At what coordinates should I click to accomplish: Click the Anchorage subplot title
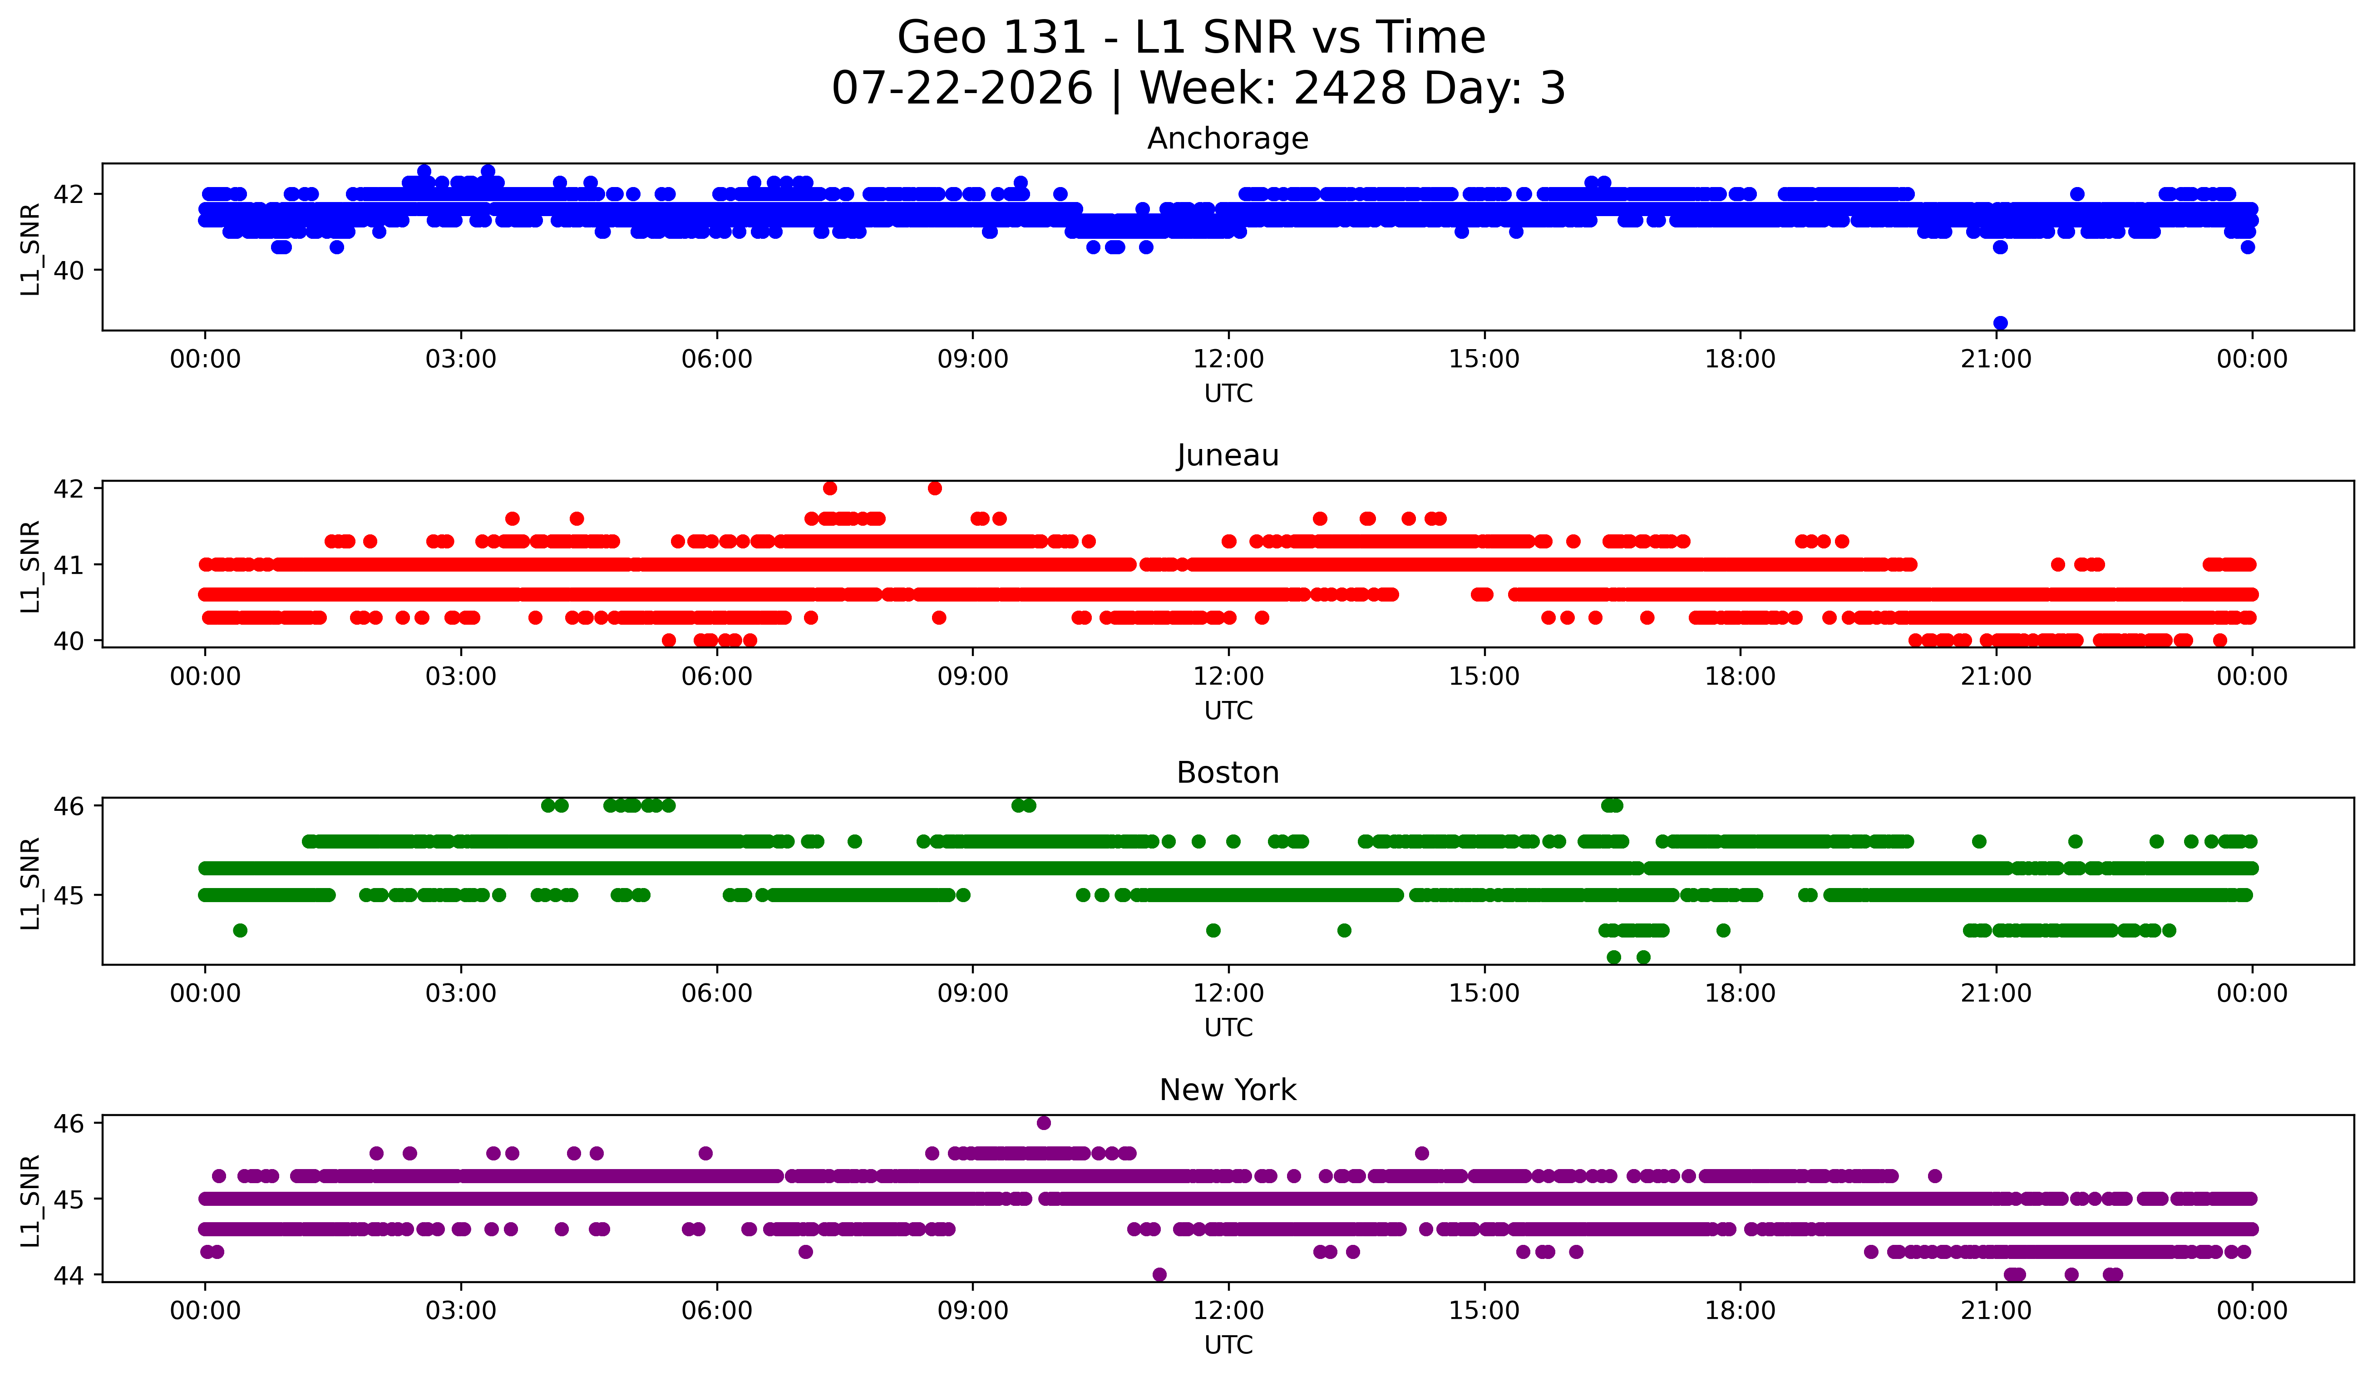pos(1228,138)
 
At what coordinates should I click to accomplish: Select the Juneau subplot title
pos(1228,455)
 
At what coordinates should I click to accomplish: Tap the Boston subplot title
pos(1228,773)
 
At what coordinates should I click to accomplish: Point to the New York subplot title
pos(1228,1090)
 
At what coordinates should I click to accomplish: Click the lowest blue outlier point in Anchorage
pos(2000,323)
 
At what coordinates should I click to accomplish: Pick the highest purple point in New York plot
pos(1043,1123)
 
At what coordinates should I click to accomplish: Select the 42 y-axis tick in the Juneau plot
pos(69,489)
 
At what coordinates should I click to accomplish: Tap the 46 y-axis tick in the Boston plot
pos(69,806)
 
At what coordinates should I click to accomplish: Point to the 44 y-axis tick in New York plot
pos(69,1275)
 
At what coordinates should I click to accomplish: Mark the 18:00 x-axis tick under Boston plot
pos(1740,994)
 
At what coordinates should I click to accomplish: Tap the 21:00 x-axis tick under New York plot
pos(1996,1311)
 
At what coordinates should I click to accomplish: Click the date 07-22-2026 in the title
pos(962,89)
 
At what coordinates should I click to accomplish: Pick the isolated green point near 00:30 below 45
pos(240,931)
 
